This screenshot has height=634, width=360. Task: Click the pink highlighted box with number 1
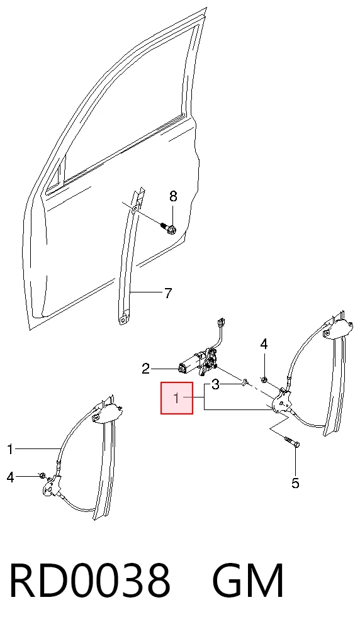click(177, 398)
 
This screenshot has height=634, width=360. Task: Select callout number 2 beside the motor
click(146, 369)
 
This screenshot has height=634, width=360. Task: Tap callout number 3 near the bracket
click(216, 384)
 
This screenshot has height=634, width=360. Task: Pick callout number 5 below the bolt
click(295, 483)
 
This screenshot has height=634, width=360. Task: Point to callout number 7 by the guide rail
click(168, 292)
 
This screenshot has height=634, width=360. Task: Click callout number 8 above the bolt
click(173, 196)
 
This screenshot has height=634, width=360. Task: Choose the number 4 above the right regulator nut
click(264, 345)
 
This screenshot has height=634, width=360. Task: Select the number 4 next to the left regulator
click(11, 477)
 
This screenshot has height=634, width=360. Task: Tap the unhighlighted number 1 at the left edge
click(11, 449)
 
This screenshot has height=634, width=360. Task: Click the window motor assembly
click(200, 361)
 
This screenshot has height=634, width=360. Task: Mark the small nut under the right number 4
click(264, 379)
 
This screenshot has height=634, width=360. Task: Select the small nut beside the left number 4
click(42, 474)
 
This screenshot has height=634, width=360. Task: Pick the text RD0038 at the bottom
click(89, 580)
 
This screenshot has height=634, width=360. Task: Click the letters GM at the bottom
click(249, 580)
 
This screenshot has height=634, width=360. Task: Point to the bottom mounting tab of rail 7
click(123, 319)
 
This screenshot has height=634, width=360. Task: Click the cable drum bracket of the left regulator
click(52, 486)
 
